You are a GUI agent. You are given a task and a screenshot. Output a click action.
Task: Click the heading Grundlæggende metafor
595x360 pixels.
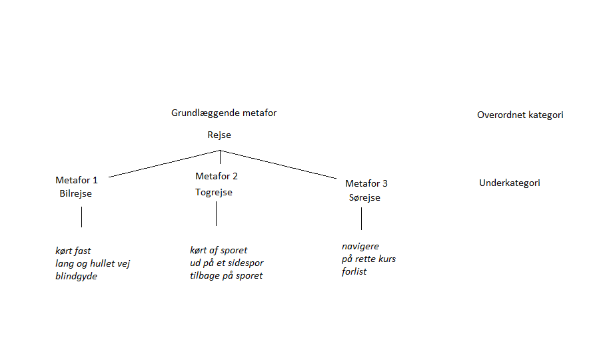(x=224, y=113)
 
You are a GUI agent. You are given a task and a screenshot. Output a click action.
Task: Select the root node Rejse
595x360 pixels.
(x=219, y=135)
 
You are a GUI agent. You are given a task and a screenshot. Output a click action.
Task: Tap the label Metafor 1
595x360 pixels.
(x=77, y=180)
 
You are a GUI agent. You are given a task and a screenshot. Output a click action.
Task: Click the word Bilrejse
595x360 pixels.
(x=75, y=194)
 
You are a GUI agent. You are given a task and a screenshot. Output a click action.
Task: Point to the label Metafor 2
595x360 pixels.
(x=217, y=177)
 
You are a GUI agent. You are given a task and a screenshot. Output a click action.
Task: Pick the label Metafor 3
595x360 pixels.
(x=366, y=183)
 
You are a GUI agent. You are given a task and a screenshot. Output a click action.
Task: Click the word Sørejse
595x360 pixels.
(x=364, y=198)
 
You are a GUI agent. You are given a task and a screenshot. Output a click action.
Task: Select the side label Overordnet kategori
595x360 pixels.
(x=520, y=115)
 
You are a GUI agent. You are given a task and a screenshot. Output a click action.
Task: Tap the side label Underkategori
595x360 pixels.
(x=510, y=183)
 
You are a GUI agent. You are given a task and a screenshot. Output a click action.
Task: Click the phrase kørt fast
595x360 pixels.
(x=73, y=251)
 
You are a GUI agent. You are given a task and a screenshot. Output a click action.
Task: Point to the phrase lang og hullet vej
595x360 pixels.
(x=93, y=264)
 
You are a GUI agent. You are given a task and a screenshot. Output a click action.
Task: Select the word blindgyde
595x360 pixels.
(x=76, y=277)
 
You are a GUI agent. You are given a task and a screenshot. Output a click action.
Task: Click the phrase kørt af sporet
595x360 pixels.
(x=219, y=251)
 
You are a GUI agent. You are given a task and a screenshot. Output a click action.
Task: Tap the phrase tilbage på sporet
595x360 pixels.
(x=226, y=276)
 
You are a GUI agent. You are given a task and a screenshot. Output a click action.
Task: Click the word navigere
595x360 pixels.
(x=360, y=247)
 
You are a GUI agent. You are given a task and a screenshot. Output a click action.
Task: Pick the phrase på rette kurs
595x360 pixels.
(x=368, y=259)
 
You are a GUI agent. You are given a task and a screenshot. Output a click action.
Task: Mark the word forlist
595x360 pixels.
(x=354, y=271)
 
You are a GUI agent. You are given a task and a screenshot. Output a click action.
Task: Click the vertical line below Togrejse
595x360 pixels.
(x=216, y=213)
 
